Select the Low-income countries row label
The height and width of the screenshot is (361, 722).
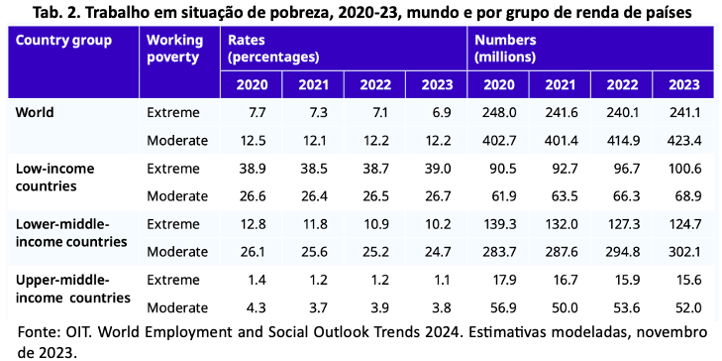point(54,178)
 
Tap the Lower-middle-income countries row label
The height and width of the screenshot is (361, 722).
point(71,233)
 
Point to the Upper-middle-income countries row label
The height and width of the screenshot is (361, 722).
point(73,289)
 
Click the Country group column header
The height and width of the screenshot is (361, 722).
point(63,40)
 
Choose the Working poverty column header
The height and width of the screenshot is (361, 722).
point(174,49)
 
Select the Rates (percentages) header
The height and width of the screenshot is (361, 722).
point(273,49)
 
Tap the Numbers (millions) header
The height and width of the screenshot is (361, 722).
point(505,49)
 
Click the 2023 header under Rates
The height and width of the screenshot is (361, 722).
point(437,85)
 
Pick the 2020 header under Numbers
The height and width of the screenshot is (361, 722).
point(499,85)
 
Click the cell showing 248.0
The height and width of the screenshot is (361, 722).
point(499,112)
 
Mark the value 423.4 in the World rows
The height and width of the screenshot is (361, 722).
point(684,141)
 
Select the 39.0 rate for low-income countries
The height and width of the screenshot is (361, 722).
point(439,169)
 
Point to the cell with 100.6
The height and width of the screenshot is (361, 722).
point(684,169)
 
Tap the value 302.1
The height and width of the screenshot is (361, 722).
point(684,252)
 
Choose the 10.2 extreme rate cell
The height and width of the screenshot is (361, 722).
point(439,224)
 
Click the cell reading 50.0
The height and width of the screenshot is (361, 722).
point(565,308)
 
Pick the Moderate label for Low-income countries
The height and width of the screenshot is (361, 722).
point(177,196)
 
